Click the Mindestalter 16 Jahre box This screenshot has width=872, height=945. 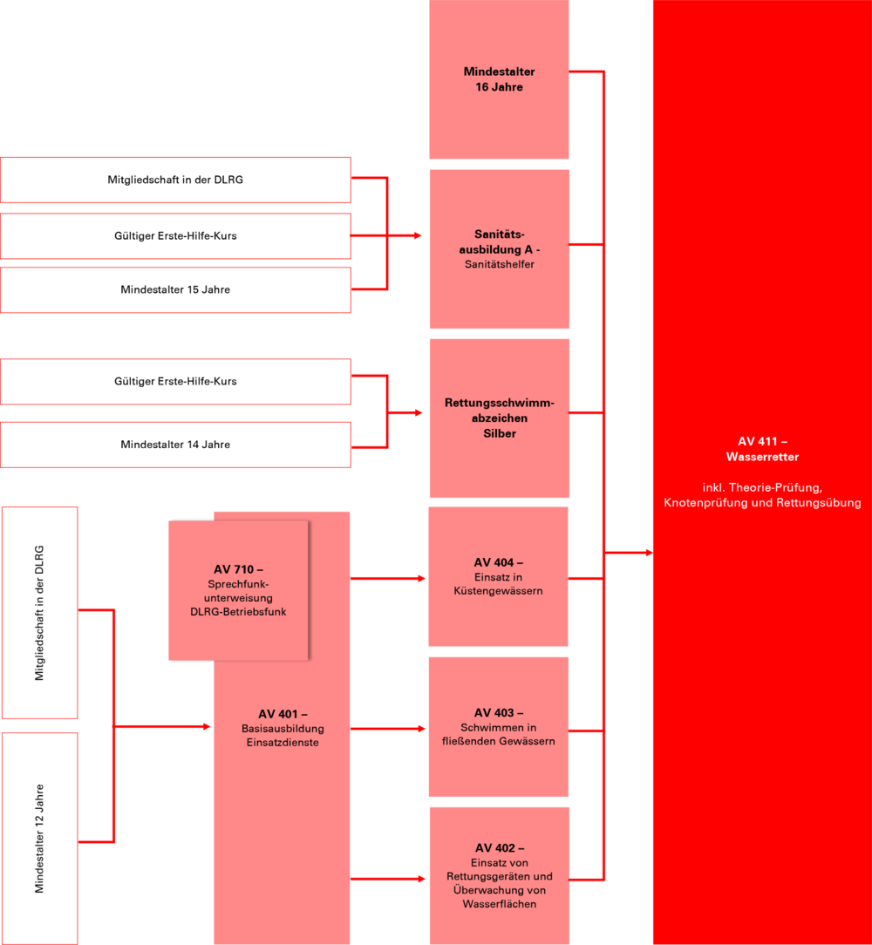[x=499, y=79]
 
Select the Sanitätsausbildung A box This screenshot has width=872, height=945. [x=500, y=249]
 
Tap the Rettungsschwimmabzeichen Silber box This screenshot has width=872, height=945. [x=500, y=418]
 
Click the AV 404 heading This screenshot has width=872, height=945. [x=499, y=562]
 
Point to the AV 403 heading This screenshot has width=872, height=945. [x=499, y=712]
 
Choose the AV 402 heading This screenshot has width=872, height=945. [x=500, y=848]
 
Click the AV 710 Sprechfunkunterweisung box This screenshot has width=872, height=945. [x=238, y=591]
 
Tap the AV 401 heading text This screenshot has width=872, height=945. [x=283, y=714]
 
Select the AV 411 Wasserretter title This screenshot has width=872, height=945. [x=762, y=449]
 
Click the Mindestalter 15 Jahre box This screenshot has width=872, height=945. [x=175, y=290]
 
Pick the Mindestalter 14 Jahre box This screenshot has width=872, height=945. [x=175, y=445]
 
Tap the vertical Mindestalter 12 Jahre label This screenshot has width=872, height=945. [x=40, y=839]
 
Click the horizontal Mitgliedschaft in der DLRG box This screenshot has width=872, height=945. [x=175, y=180]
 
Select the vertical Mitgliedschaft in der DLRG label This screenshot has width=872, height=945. [x=40, y=613]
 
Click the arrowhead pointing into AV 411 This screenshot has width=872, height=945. [x=650, y=553]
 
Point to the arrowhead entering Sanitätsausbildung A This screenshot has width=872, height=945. [x=418, y=235]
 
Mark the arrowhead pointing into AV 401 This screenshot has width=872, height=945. [x=207, y=727]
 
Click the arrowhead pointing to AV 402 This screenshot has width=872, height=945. [x=421, y=880]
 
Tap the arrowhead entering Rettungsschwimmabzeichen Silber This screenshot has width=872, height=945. [x=419, y=413]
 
